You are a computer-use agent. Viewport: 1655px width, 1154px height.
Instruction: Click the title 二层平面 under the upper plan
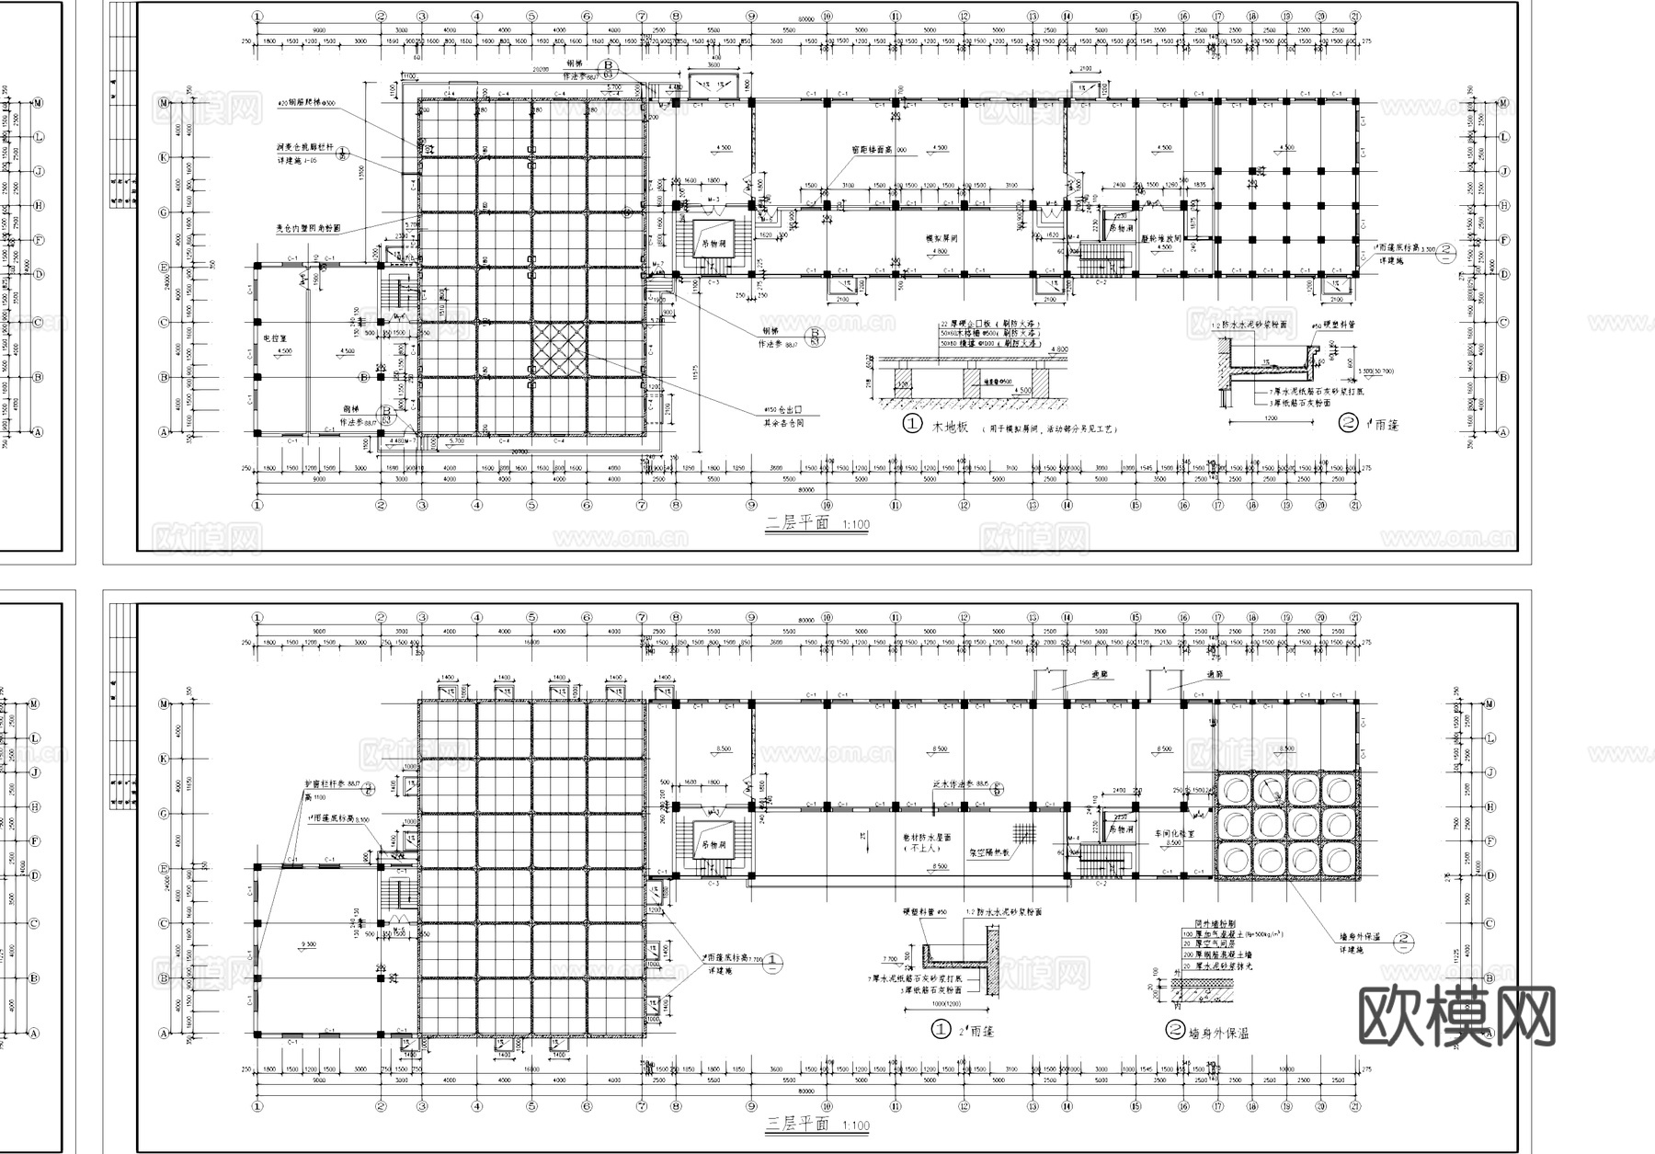tap(797, 523)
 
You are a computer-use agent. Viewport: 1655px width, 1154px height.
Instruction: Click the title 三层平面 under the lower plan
tap(797, 1125)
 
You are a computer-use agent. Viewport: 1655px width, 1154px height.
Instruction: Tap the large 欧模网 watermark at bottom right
tap(1456, 1017)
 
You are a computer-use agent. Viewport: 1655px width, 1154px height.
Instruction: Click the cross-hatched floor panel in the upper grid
tap(559, 350)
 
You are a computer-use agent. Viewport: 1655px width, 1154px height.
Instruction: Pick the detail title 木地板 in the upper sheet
tap(950, 427)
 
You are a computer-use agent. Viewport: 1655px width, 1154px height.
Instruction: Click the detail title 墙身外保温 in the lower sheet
tap(1218, 1032)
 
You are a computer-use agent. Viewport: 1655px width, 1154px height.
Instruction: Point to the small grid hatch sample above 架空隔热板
tap(1023, 833)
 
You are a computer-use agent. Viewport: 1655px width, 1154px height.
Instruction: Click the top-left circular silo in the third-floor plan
tap(1235, 789)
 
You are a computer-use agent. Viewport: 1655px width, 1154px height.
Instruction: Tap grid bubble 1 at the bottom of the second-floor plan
tap(257, 505)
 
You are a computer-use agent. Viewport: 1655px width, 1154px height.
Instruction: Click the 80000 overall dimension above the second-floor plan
tap(806, 18)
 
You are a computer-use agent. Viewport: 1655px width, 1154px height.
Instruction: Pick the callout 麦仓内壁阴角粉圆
tap(308, 227)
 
